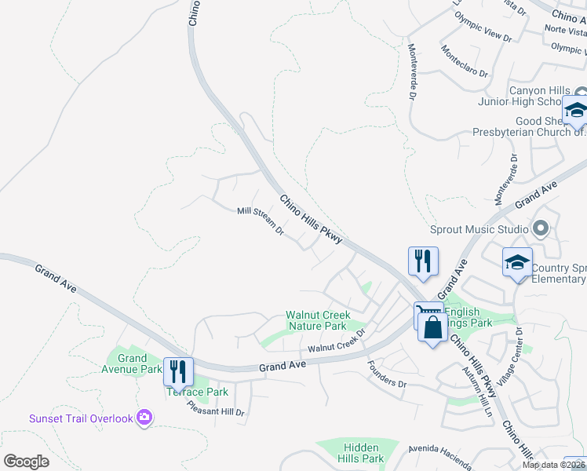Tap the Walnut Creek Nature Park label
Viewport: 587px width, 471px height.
tap(317, 320)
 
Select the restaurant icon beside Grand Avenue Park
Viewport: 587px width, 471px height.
tap(178, 371)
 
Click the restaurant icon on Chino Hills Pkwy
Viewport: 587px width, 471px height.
tap(423, 261)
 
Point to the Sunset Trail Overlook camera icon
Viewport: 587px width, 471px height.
tap(144, 418)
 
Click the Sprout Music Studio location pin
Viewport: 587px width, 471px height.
tap(539, 229)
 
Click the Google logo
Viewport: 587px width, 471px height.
tap(26, 462)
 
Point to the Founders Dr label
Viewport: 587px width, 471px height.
tap(388, 374)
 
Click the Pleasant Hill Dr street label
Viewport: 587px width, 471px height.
tap(216, 408)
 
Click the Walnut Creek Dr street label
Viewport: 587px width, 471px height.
tap(337, 343)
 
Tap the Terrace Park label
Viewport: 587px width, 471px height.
tap(197, 392)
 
